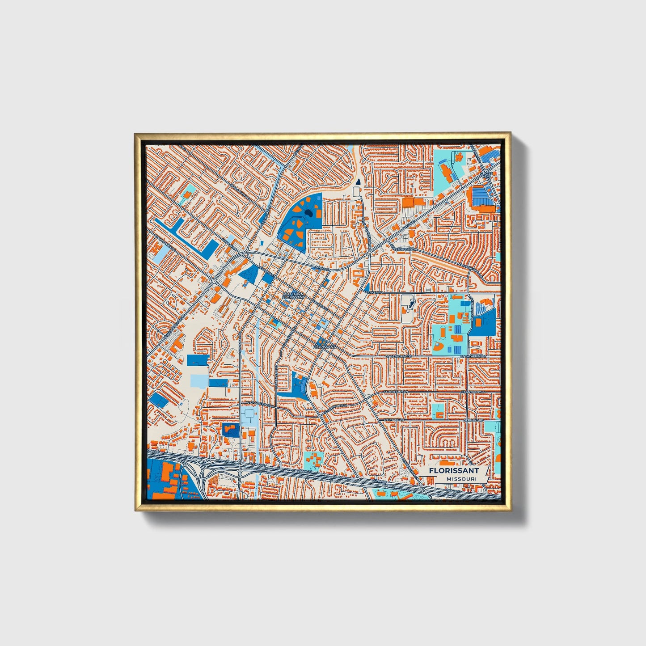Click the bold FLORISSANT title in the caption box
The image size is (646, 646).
click(x=453, y=470)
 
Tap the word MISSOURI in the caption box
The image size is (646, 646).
click(x=460, y=479)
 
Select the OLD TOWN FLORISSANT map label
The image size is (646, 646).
click(x=293, y=295)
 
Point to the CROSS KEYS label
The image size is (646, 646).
click(x=487, y=175)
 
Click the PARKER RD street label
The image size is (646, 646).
click(x=374, y=292)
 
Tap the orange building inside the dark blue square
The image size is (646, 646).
click(x=231, y=431)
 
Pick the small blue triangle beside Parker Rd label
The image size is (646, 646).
click(x=367, y=287)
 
